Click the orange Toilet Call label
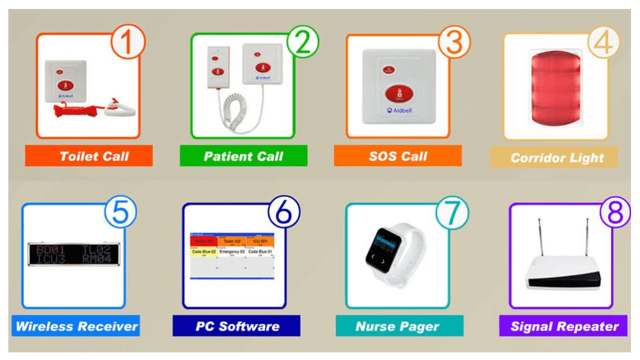click(x=88, y=156)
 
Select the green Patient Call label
click(x=243, y=156)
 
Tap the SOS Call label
click(x=398, y=156)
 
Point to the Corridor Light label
click(x=554, y=157)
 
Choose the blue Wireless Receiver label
click(x=76, y=326)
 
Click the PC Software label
click(x=237, y=326)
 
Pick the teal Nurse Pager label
click(x=398, y=326)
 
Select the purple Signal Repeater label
click(x=563, y=326)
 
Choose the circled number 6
click(x=283, y=214)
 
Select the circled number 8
click(x=612, y=214)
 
